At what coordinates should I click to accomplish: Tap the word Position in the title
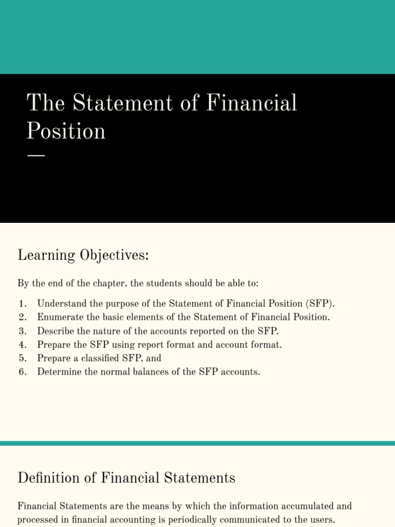(66, 131)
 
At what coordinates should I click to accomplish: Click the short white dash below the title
(35, 155)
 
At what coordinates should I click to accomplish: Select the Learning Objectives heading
(83, 255)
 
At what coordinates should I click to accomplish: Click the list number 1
(22, 303)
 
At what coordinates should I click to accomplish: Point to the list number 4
(22, 344)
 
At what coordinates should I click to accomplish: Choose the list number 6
(22, 372)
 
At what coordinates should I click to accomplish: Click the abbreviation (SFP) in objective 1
(319, 303)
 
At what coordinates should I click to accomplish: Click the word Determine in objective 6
(59, 372)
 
